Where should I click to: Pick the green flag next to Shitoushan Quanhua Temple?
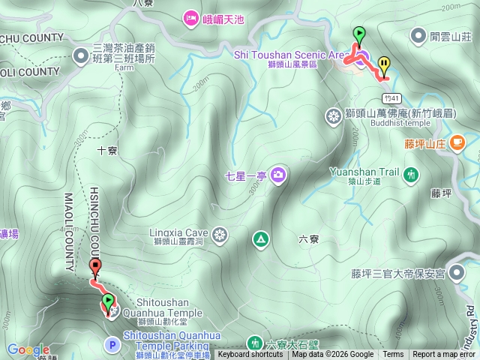pyautogui.click(x=108, y=301)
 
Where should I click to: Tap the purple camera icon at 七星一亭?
pyautogui.click(x=278, y=175)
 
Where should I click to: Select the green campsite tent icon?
pyautogui.click(x=260, y=239)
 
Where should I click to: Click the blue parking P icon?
pyautogui.click(x=112, y=345)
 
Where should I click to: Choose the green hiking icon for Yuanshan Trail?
pyautogui.click(x=410, y=175)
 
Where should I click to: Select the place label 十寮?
pyautogui.click(x=107, y=151)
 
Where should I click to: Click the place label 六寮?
pyautogui.click(x=308, y=239)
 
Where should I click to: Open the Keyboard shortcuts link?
pyautogui.click(x=250, y=355)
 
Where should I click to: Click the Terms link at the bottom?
pyautogui.click(x=393, y=355)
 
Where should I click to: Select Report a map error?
pyautogui.click(x=445, y=355)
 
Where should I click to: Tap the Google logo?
pyautogui.click(x=28, y=350)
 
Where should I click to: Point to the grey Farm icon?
pyautogui.click(x=80, y=55)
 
